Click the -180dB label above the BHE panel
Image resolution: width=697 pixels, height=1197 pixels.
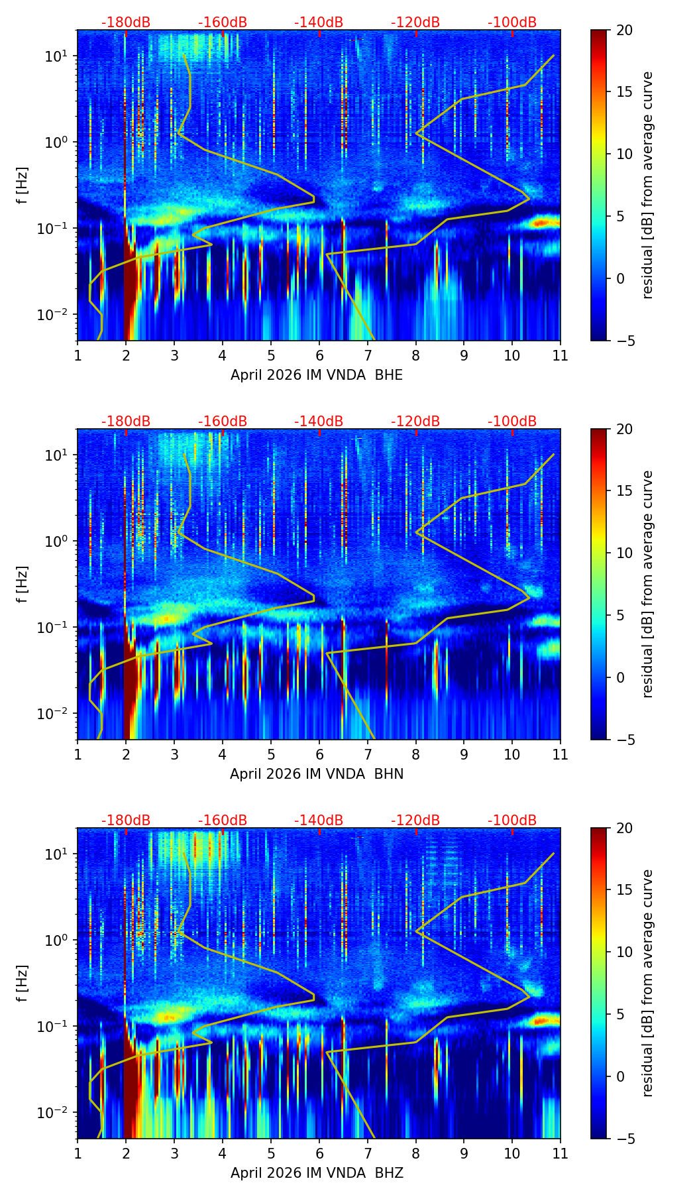tap(126, 23)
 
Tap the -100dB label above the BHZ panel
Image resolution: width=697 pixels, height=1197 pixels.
tap(512, 821)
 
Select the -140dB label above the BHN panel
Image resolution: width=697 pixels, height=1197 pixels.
tap(319, 422)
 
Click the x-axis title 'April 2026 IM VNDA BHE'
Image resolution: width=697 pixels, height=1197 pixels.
tap(317, 375)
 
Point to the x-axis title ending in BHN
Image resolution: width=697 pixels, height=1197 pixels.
tap(317, 774)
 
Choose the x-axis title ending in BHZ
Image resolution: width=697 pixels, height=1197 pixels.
tap(317, 1173)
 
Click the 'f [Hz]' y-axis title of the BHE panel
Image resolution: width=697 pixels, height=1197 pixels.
tap(23, 186)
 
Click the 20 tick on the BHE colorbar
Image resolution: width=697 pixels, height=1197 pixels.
tap(624, 30)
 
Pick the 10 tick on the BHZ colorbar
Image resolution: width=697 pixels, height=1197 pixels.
tap(624, 952)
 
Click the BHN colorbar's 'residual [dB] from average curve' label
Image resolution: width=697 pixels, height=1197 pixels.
tap(648, 584)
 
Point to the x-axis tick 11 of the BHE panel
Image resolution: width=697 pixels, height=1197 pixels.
tap(561, 355)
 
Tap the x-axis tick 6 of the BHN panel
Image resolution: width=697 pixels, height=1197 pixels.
tap(319, 754)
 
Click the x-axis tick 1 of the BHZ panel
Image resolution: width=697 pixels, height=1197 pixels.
tap(78, 1153)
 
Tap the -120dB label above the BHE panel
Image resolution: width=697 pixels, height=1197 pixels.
tap(415, 23)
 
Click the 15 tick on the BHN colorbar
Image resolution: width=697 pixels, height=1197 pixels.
tap(624, 491)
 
